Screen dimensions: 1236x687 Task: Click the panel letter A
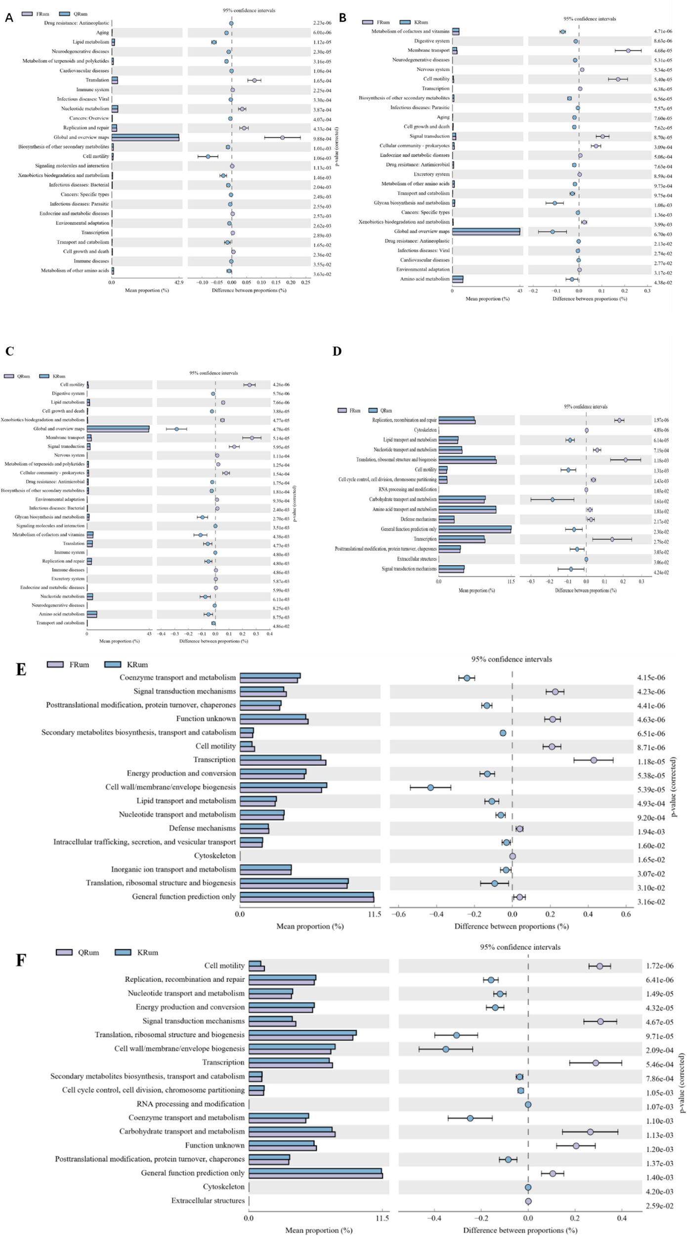(9, 18)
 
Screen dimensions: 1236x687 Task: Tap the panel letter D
(337, 351)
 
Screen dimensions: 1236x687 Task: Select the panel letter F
(21, 960)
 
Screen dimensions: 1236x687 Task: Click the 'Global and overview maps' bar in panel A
(145, 137)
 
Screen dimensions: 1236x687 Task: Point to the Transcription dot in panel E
(594, 760)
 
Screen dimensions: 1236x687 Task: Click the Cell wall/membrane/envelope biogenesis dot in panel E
(430, 788)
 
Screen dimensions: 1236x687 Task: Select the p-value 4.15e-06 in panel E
(651, 678)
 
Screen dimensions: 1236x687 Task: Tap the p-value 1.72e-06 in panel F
(659, 966)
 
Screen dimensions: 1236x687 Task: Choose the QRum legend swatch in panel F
(64, 952)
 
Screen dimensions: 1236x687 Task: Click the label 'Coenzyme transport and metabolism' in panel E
(177, 677)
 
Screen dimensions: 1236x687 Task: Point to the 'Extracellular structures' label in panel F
(208, 1200)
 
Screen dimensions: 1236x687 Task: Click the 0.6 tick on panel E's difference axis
(626, 914)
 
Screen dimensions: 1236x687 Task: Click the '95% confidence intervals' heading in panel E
(512, 659)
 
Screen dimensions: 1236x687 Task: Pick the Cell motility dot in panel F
(600, 966)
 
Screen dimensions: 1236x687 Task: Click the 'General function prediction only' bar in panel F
(315, 1173)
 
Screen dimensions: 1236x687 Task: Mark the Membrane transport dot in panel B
(628, 50)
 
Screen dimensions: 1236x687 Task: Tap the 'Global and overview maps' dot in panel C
(176, 429)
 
